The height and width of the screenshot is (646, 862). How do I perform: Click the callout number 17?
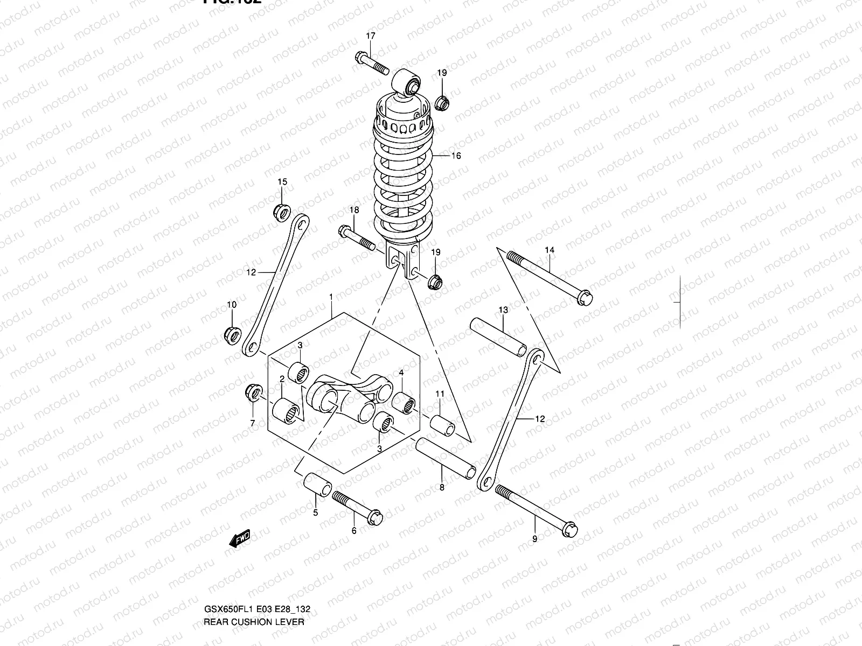pyautogui.click(x=371, y=36)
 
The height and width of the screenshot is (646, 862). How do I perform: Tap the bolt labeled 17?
pyautogui.click(x=372, y=64)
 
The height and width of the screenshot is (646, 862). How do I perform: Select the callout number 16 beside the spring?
pyautogui.click(x=456, y=156)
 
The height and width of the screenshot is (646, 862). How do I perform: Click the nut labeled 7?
pyautogui.click(x=253, y=392)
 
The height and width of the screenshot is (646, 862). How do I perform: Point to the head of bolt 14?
pyautogui.click(x=584, y=298)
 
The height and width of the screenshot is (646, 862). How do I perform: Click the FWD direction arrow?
pyautogui.click(x=239, y=538)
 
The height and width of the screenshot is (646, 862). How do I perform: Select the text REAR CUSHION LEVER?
pyautogui.click(x=254, y=622)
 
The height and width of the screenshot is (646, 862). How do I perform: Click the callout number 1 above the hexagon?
pyautogui.click(x=331, y=297)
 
